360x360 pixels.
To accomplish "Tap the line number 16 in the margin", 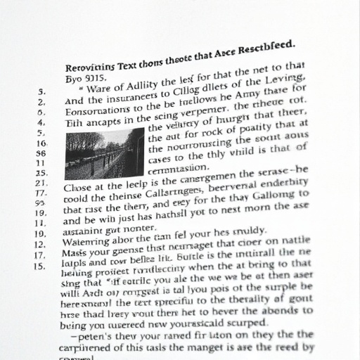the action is pos(41,143).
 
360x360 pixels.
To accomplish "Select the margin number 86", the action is pos(41,153).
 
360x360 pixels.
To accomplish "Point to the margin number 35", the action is pos(41,172).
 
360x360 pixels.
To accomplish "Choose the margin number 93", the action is pos(41,202).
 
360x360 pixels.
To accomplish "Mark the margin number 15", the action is pos(39,266).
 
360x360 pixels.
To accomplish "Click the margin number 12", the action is pos(41,244).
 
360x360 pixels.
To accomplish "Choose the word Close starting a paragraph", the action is pos(79,186).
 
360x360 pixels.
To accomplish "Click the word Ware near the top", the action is pos(101,89).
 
